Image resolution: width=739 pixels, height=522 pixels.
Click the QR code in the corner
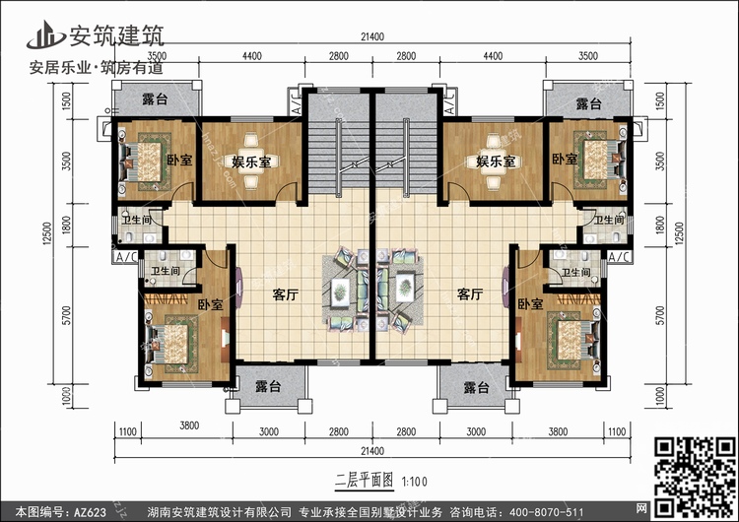696,476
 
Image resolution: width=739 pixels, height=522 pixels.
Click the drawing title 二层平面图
364,481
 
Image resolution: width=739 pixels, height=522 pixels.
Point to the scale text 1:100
414,482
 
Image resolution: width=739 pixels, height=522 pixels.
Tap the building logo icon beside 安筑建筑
45,35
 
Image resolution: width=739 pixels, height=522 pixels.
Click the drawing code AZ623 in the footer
90,512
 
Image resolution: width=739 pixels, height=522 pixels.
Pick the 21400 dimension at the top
372,36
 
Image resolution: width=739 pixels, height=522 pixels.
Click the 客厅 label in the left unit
285,295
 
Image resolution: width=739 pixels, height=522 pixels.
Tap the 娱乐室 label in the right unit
496,162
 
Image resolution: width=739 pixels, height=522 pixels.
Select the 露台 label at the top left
155,99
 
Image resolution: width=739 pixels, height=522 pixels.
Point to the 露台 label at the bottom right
476,388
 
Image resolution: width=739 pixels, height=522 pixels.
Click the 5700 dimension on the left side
66,315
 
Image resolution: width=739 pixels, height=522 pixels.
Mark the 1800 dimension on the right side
660,225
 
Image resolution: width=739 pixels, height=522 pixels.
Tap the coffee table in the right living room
405,288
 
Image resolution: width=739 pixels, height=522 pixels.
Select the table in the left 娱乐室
250,162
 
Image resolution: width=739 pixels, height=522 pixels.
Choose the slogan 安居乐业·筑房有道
97,68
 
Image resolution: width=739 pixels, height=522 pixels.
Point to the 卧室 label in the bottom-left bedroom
210,304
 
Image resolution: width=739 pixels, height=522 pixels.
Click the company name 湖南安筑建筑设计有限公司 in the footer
219,512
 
